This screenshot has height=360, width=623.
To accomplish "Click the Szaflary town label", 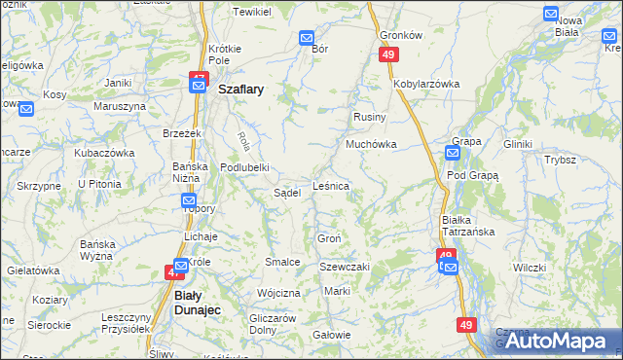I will tap(242, 88).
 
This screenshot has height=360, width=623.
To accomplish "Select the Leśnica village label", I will tap(331, 184).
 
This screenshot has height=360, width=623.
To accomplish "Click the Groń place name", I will tap(328, 238).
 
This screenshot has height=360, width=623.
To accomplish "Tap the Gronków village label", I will tap(401, 34).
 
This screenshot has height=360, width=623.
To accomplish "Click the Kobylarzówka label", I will tap(426, 84).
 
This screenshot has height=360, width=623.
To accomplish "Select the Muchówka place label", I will tap(369, 144).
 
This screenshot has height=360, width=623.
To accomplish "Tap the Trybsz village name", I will tap(561, 160).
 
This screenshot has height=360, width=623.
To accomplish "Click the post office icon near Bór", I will tap(307, 39).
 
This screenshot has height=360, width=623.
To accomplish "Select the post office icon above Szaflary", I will tap(198, 86).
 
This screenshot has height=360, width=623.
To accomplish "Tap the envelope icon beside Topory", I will tap(190, 201).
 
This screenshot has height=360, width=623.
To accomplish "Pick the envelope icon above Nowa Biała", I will tap(551, 15).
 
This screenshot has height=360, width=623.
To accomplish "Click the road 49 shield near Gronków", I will tap(388, 55).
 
